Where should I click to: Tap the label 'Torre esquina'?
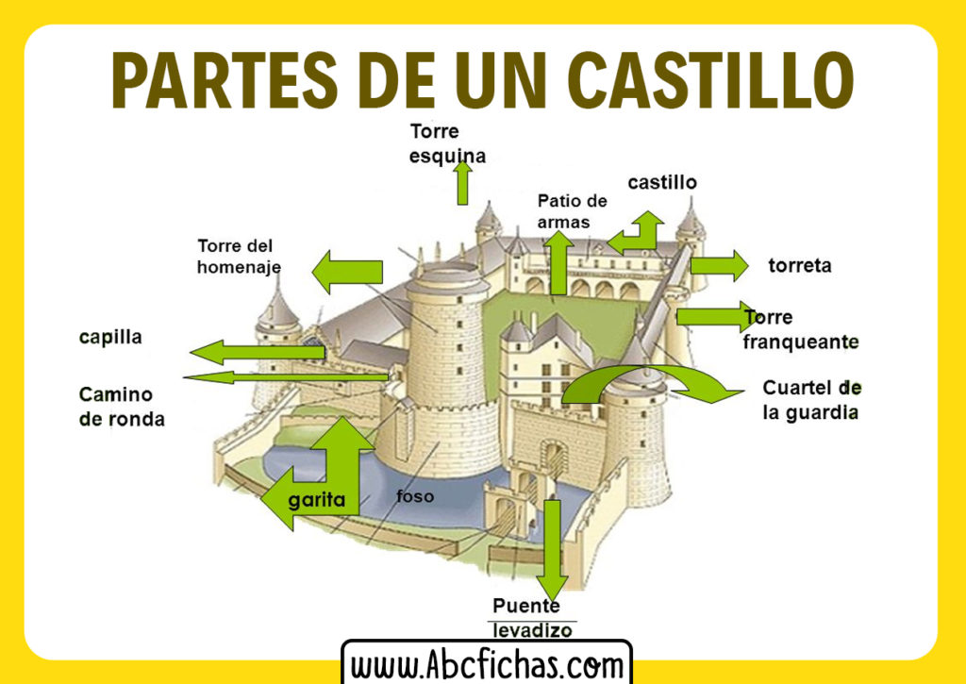tap(447, 143)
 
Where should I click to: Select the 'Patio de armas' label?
tap(573, 211)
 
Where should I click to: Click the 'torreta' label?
tap(800, 266)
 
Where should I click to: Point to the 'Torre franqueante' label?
tap(800, 329)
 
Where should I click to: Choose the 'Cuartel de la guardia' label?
tap(811, 400)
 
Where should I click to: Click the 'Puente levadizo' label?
tap(532, 618)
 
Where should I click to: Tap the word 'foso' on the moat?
tap(415, 496)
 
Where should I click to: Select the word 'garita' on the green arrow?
tap(317, 500)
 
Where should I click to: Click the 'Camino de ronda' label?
tap(122, 407)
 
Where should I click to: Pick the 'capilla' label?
tap(110, 337)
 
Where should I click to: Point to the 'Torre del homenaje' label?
tap(239, 257)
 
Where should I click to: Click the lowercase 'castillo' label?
tap(662, 182)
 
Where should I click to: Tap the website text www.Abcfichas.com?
tap(487, 665)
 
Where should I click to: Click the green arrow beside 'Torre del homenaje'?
tap(347, 271)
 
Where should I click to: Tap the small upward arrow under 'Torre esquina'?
tap(462, 183)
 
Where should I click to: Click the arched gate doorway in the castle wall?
tap(554, 459)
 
